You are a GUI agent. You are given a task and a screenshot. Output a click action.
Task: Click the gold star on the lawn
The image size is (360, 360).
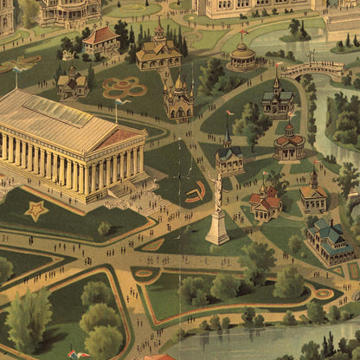(36, 210)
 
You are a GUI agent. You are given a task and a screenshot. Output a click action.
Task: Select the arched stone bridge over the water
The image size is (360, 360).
(313, 69)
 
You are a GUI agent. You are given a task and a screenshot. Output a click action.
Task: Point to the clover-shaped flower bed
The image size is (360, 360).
(125, 87)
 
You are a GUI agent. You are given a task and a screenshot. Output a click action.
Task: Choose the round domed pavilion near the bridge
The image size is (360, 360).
(242, 57)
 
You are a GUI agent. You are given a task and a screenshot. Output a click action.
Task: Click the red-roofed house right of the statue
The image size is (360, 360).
(265, 203)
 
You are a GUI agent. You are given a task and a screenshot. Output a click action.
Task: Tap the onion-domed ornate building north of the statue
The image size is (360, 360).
(178, 97)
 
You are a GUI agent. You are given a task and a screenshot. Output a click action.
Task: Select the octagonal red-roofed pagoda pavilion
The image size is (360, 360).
(288, 142)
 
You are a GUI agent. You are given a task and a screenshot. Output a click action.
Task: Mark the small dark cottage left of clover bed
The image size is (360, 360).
(73, 83)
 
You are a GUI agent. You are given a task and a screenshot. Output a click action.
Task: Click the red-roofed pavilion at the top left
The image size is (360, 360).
(101, 40)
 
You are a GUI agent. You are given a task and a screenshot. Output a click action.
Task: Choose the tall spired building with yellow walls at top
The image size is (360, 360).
(158, 50)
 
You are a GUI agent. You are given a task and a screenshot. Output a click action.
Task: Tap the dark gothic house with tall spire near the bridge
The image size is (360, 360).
(277, 98)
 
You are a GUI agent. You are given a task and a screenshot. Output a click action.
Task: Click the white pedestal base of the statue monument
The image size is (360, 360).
(217, 228)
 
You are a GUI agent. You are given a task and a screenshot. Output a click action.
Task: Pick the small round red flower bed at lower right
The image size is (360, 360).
(324, 293)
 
